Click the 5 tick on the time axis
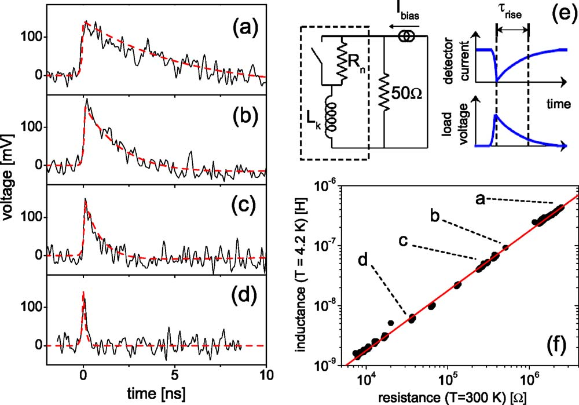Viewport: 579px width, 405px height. click(175, 375)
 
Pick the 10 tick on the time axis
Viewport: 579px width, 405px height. click(266, 375)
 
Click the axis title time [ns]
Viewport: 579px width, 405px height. click(156, 394)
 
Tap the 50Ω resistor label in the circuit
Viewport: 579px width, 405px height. click(406, 94)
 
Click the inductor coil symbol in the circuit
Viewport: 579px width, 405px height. click(331, 116)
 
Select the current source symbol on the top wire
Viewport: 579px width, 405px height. click(406, 36)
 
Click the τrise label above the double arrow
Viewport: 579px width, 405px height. click(510, 11)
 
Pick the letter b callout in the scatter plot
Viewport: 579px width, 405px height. click(435, 216)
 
